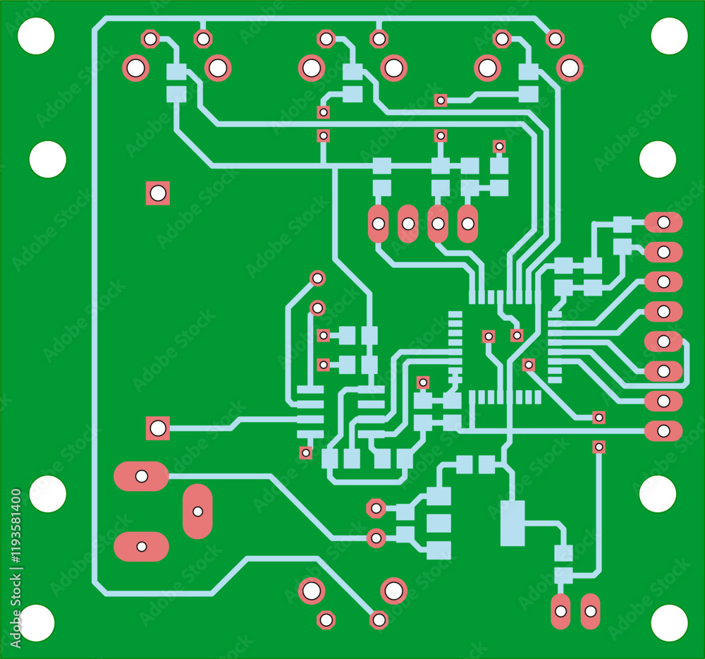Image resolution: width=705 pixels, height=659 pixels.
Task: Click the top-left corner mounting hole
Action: tap(36, 36)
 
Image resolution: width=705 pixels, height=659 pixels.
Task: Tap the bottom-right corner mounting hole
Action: tap(669, 623)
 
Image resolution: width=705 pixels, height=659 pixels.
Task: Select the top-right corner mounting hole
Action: tap(669, 36)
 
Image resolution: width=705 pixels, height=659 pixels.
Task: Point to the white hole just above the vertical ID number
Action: tap(47, 494)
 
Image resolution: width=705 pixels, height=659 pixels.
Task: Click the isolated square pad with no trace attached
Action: tap(158, 193)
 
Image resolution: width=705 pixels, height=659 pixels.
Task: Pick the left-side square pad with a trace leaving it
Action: tap(158, 428)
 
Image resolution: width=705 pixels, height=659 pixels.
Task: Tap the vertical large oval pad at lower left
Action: tap(197, 511)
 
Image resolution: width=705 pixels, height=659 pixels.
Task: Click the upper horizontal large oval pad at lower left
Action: tap(141, 476)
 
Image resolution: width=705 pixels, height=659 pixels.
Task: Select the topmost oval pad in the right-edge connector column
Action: tap(663, 222)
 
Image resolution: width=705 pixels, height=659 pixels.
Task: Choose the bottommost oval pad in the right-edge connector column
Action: tap(663, 430)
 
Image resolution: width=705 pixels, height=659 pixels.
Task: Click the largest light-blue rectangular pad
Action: tap(513, 523)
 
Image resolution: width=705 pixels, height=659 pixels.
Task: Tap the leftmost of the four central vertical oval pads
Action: tap(379, 224)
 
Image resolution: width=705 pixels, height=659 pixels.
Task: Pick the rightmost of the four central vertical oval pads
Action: tap(467, 224)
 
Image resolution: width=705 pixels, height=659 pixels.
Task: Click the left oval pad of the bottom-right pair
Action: tap(561, 611)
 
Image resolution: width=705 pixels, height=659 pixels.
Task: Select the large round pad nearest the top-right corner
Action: tap(569, 68)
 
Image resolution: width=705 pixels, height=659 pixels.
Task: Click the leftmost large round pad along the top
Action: tap(135, 68)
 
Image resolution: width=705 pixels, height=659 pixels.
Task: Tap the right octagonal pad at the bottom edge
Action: tap(379, 620)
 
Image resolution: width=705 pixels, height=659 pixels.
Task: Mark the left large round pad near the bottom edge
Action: tap(311, 591)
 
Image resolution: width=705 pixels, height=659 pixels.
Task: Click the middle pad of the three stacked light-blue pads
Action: tap(439, 523)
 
